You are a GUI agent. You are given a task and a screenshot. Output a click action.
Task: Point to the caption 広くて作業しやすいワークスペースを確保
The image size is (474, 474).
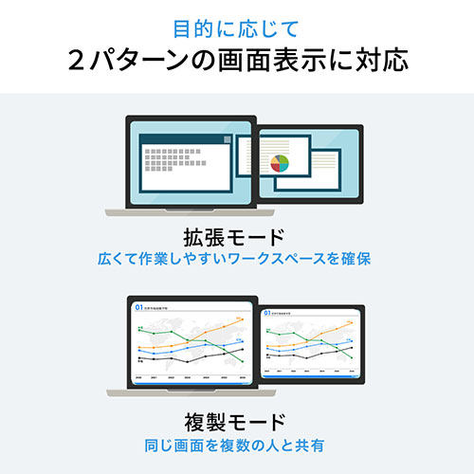(x=237, y=257)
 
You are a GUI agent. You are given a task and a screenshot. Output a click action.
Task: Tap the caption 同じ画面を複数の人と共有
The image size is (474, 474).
(x=237, y=443)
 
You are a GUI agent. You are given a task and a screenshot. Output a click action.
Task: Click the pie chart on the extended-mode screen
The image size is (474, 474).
(x=280, y=164)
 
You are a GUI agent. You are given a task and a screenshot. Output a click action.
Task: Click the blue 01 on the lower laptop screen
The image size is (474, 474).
(x=138, y=307)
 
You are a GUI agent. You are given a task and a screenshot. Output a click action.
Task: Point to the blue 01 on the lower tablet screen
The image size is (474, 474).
(x=266, y=311)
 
